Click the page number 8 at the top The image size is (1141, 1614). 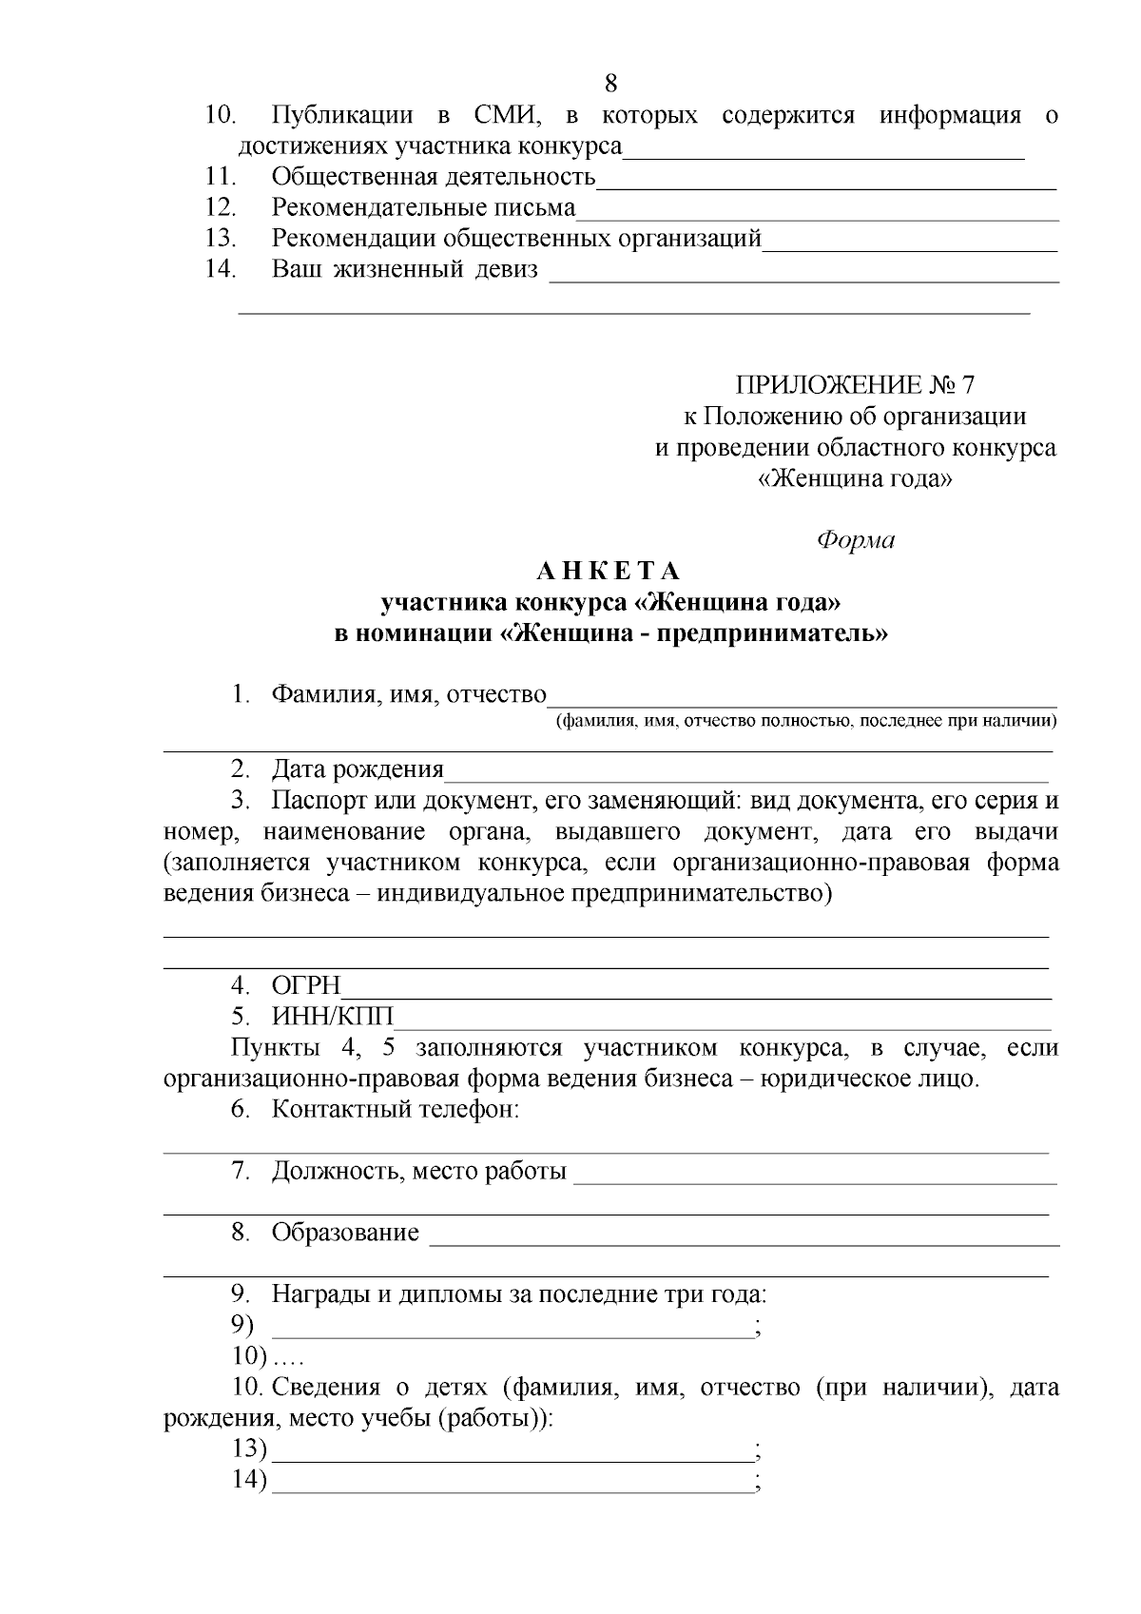pyautogui.click(x=611, y=84)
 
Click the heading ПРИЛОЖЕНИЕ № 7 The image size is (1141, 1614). pyautogui.click(x=855, y=385)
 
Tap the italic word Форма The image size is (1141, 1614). pyautogui.click(x=856, y=540)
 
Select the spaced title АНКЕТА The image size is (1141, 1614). pyautogui.click(x=609, y=572)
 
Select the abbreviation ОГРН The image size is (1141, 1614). pyautogui.click(x=306, y=985)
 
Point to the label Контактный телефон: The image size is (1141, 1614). pyautogui.click(x=396, y=1109)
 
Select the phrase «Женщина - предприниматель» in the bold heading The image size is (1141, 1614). pyautogui.click(x=693, y=633)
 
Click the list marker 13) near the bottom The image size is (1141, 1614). pyautogui.click(x=250, y=1449)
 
